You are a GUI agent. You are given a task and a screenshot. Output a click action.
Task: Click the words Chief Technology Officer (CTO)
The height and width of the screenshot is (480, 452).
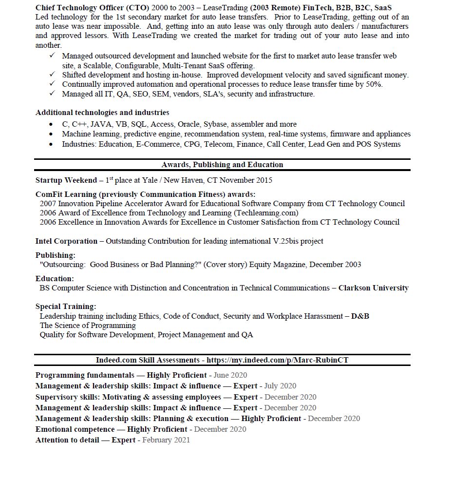93,8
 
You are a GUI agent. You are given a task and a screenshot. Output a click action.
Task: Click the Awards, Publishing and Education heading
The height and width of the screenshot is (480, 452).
222,165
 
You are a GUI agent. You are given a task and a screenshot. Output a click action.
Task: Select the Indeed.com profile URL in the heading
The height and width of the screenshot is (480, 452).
278,360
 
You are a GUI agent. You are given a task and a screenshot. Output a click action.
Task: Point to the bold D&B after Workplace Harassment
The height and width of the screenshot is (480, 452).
360,316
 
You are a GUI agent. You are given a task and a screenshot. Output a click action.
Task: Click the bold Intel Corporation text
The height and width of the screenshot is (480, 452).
66,241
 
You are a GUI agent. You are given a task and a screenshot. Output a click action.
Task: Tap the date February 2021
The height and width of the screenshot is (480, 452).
166,440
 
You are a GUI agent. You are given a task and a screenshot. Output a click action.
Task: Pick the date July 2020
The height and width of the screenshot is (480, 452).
280,386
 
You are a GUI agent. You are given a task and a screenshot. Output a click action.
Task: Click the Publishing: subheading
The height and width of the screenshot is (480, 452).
56,255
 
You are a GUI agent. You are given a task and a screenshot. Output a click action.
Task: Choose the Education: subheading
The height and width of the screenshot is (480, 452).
55,279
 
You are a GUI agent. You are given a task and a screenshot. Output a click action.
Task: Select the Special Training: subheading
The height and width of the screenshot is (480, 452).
66,307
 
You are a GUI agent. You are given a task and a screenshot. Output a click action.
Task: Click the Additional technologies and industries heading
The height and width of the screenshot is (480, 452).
102,113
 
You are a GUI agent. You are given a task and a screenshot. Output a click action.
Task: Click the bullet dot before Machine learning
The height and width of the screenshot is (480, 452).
51,134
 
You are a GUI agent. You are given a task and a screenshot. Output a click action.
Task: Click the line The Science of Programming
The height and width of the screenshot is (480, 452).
88,326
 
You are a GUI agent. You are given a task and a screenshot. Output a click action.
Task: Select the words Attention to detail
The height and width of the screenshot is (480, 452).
67,440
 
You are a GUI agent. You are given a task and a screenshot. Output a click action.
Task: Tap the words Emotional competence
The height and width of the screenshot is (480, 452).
75,429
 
